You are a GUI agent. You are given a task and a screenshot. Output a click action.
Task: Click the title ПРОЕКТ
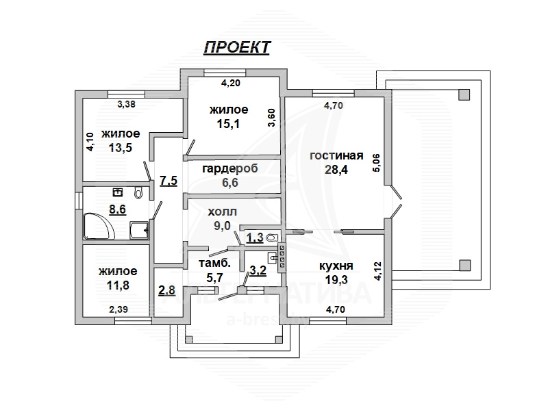(x=236, y=47)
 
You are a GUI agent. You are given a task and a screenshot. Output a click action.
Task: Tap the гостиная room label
(x=336, y=155)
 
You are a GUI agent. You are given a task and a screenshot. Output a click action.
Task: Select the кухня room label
(x=336, y=266)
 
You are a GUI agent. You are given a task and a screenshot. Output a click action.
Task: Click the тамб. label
(x=214, y=263)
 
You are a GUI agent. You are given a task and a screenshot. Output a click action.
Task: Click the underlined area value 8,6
(x=118, y=210)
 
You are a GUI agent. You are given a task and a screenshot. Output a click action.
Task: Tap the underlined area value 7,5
(x=168, y=181)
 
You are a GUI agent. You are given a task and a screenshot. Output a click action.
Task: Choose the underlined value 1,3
(x=255, y=238)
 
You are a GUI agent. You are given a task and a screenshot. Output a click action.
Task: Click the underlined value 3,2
(x=258, y=270)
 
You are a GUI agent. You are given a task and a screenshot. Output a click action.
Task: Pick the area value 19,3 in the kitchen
(x=336, y=280)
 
